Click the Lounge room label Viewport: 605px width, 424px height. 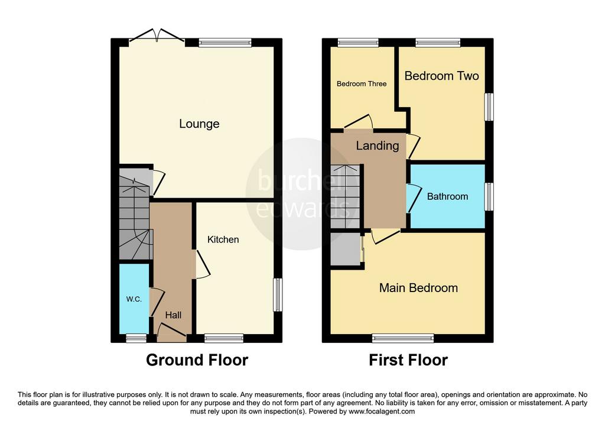[199, 124]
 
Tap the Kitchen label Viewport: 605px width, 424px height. [223, 239]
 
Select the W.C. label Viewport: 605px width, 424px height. [134, 299]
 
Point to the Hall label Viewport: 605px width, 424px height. [173, 315]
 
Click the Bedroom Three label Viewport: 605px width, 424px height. [362, 84]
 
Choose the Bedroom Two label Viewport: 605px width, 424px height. [442, 76]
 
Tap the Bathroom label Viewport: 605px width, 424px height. [448, 196]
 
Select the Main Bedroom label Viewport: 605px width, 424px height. [419, 287]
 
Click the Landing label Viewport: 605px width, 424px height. [378, 145]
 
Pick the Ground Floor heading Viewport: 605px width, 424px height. [197, 360]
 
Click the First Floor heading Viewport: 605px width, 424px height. [408, 360]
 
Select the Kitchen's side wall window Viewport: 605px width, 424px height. [278, 294]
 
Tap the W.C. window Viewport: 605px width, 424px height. [136, 338]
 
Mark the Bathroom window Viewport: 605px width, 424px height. [489, 196]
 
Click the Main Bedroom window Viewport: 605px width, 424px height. [403, 338]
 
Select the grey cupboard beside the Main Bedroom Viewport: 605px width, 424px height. [346, 249]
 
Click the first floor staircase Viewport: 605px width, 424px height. [345, 196]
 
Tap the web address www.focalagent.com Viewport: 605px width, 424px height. [382, 412]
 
